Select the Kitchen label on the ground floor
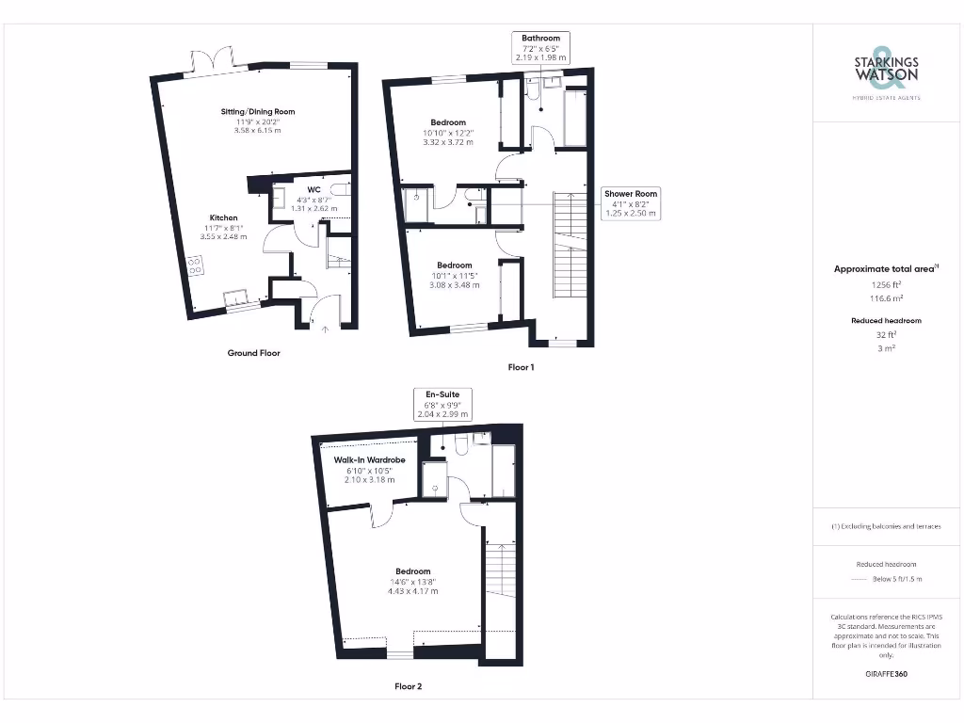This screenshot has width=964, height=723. click(x=223, y=217)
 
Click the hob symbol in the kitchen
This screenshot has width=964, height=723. click(x=196, y=265)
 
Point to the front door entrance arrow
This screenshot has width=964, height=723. click(x=327, y=328)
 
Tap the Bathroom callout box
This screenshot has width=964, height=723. click(x=540, y=47)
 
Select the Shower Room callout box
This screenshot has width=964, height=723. click(x=631, y=203)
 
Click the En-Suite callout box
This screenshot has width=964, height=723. click(x=442, y=403)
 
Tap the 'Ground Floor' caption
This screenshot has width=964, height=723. click(x=253, y=353)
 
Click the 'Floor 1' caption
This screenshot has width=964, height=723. click(x=521, y=367)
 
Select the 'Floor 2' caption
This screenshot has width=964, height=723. click(x=408, y=686)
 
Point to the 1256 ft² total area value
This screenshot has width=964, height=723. click(x=886, y=282)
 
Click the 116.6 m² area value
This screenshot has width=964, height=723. click(x=886, y=296)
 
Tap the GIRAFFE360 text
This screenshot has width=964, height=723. click(x=886, y=674)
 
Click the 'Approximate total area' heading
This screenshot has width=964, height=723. click(x=885, y=269)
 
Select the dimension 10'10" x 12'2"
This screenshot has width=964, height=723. click(x=448, y=133)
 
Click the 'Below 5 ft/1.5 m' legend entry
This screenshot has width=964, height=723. click(x=898, y=579)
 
